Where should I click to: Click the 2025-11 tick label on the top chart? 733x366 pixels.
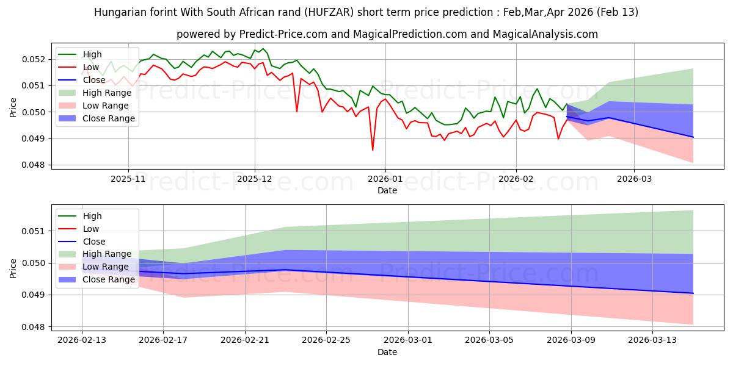tap(128, 179)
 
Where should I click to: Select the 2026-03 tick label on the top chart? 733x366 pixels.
tap(633, 179)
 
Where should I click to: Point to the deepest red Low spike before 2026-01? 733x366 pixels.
tap(373, 150)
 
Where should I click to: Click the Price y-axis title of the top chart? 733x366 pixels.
tap(13, 107)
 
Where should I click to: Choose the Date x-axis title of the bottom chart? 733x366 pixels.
tap(387, 352)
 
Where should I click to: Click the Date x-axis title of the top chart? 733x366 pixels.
tap(387, 190)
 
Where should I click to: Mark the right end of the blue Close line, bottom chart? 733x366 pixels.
tap(693, 293)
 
